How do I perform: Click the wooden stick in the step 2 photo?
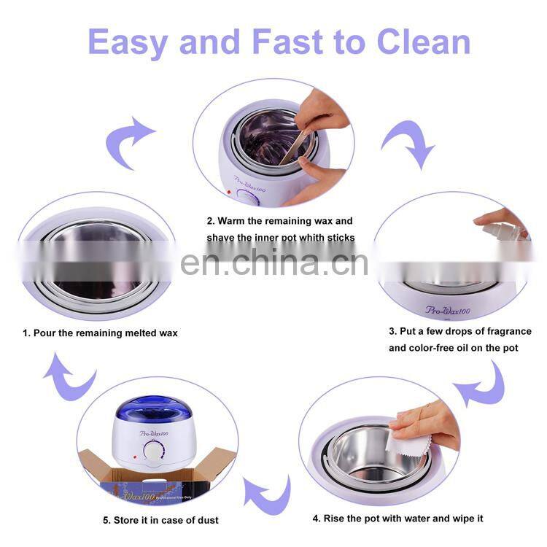click(292, 150)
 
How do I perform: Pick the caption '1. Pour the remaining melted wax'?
click(99, 333)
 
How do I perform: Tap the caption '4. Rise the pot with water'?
click(397, 519)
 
